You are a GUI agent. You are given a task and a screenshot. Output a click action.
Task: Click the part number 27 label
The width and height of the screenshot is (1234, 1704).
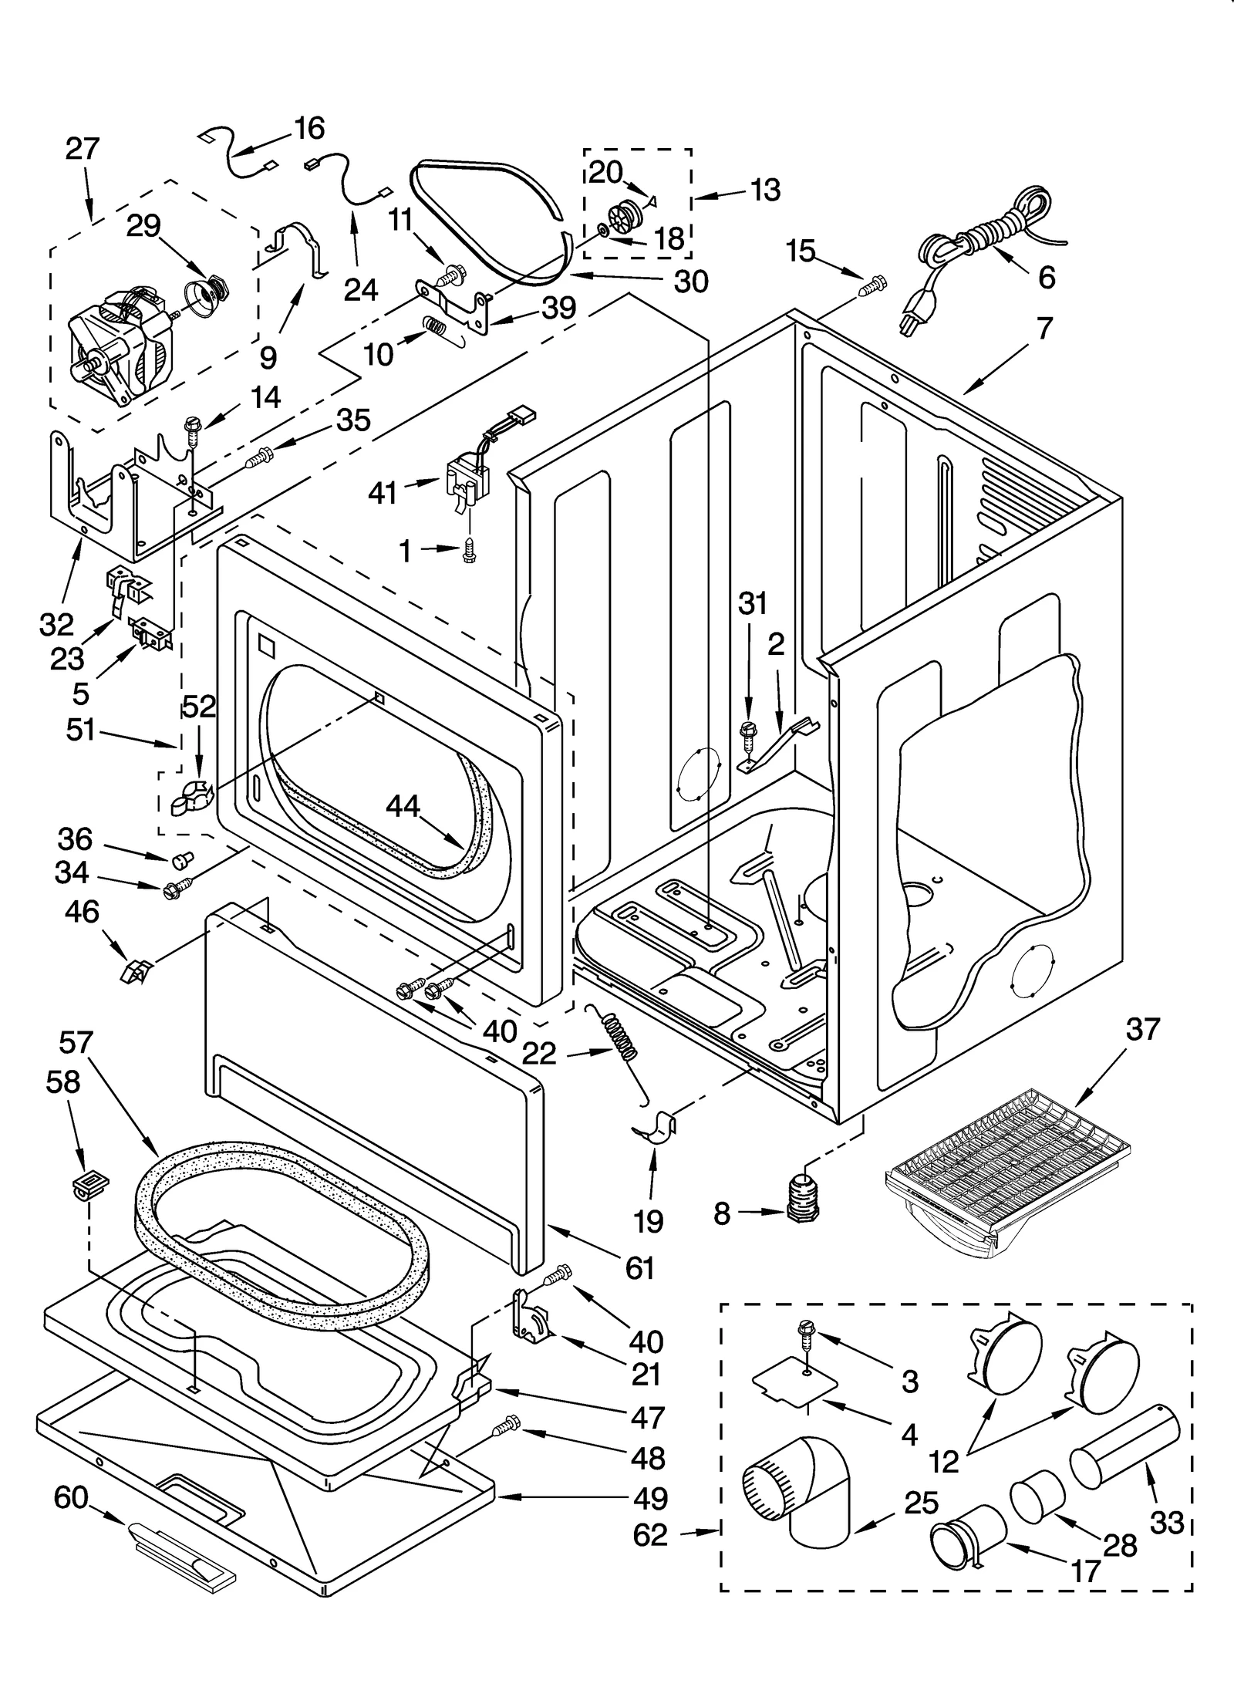point(83,147)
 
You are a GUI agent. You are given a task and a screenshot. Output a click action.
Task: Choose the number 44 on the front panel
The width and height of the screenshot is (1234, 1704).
point(403,807)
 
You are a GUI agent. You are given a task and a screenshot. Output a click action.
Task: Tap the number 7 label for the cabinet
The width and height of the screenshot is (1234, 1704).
point(1044,329)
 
